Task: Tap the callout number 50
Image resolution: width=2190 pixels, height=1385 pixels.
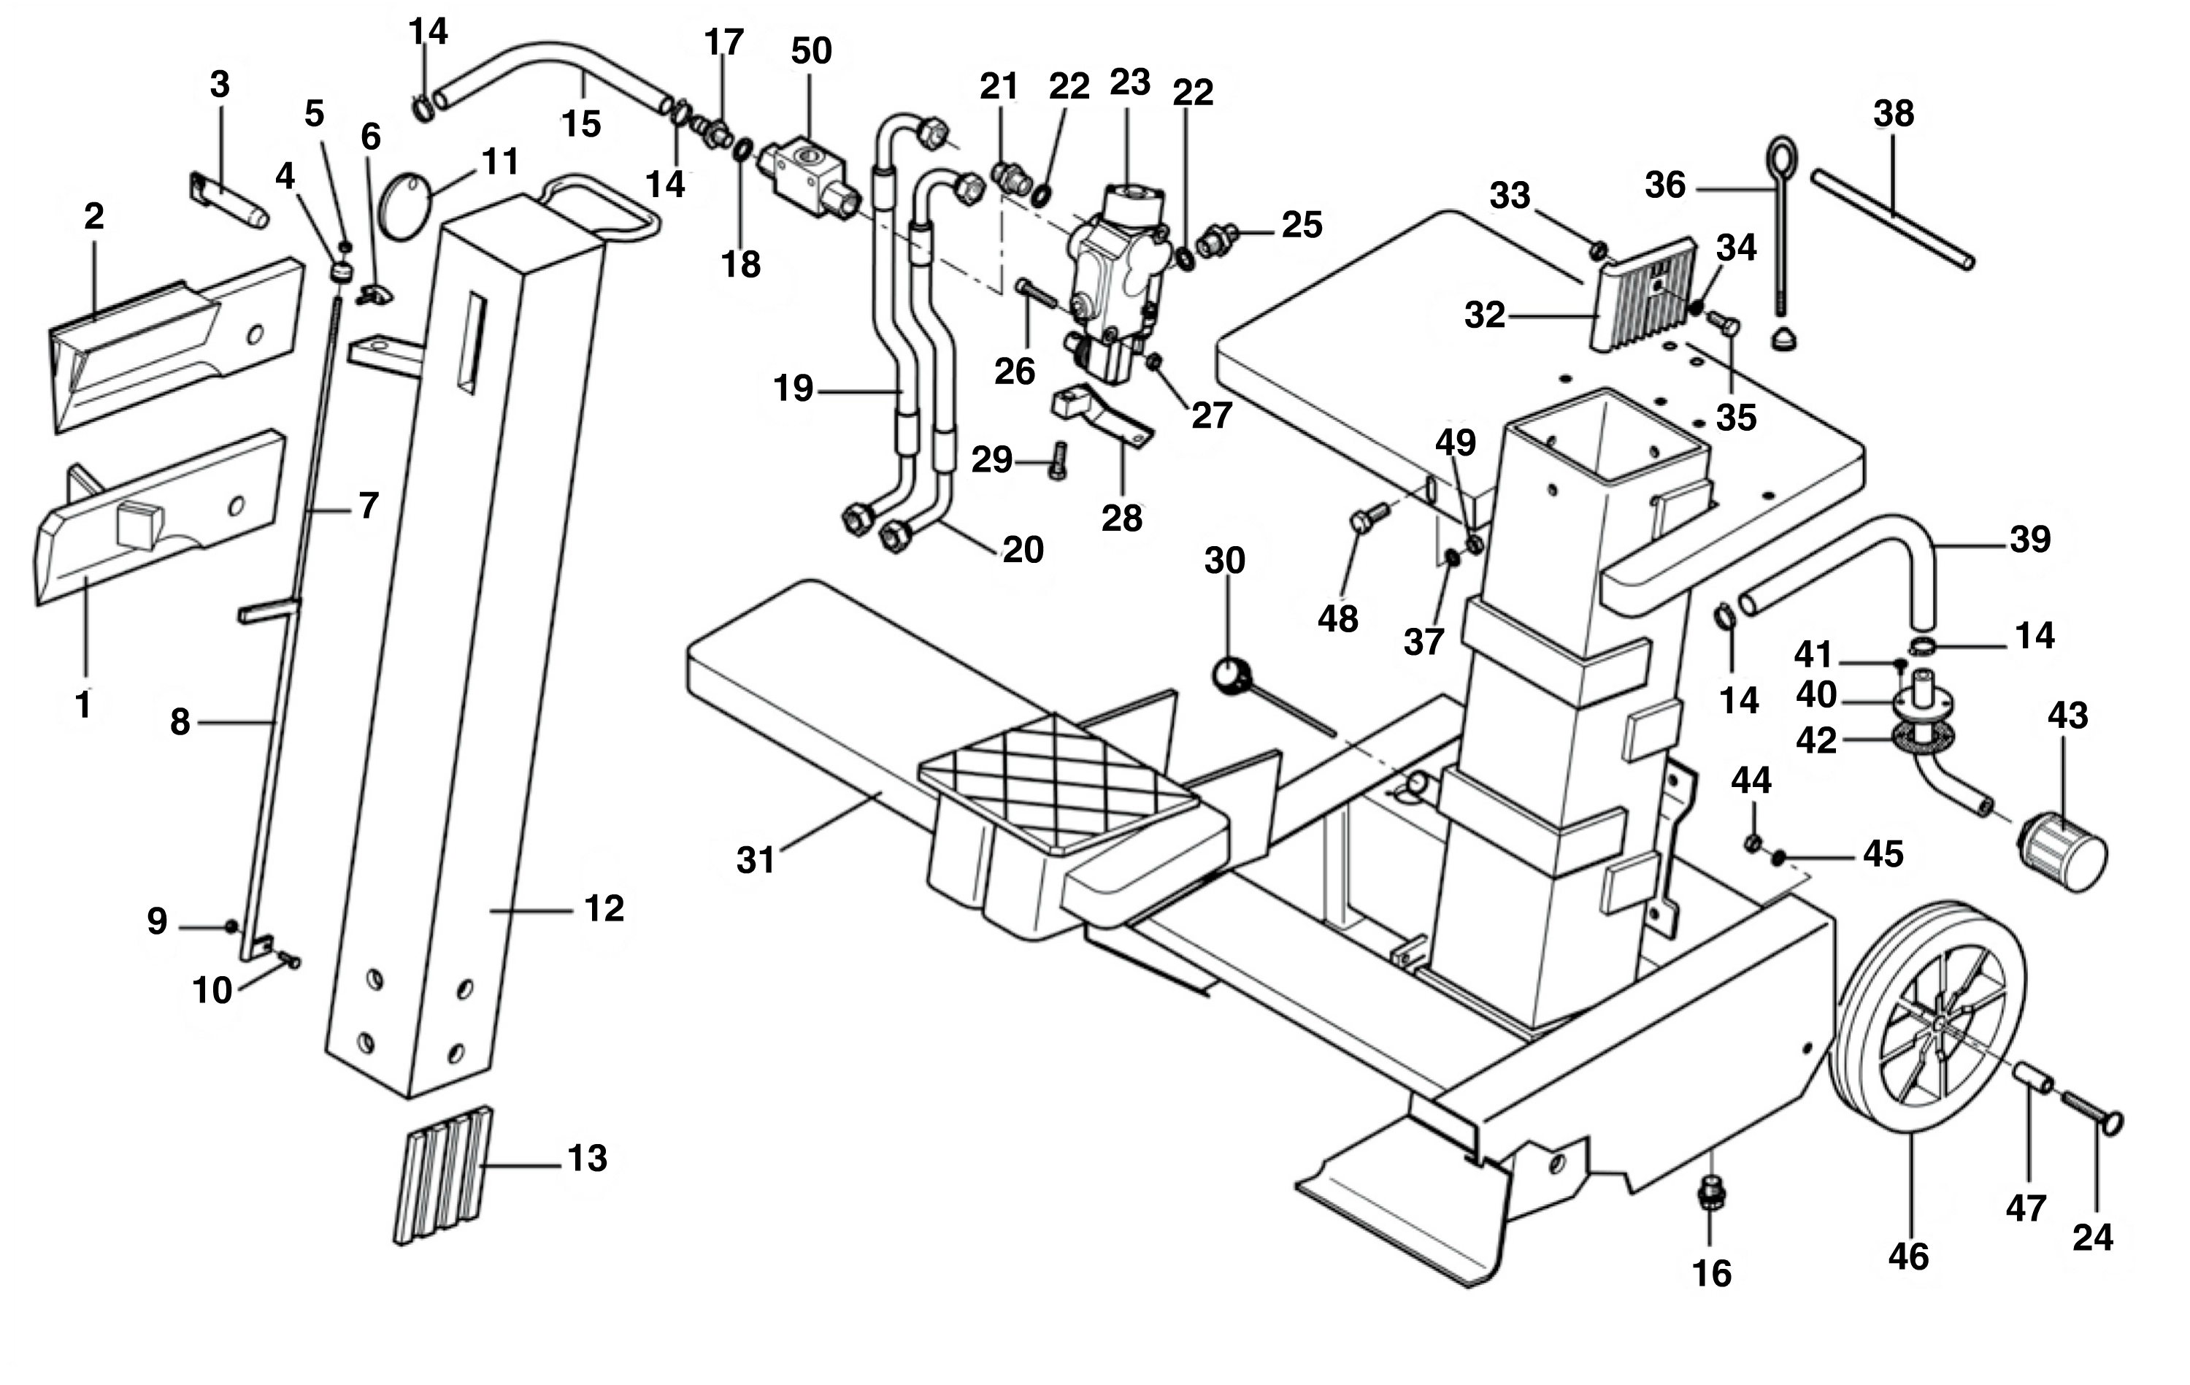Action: [810, 51]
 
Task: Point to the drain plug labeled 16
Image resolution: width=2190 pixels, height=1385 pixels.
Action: [1710, 1194]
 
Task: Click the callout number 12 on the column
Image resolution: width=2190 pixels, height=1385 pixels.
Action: [604, 908]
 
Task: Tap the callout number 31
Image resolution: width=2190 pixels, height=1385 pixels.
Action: [755, 859]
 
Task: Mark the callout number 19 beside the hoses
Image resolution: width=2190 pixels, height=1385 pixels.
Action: [792, 388]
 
